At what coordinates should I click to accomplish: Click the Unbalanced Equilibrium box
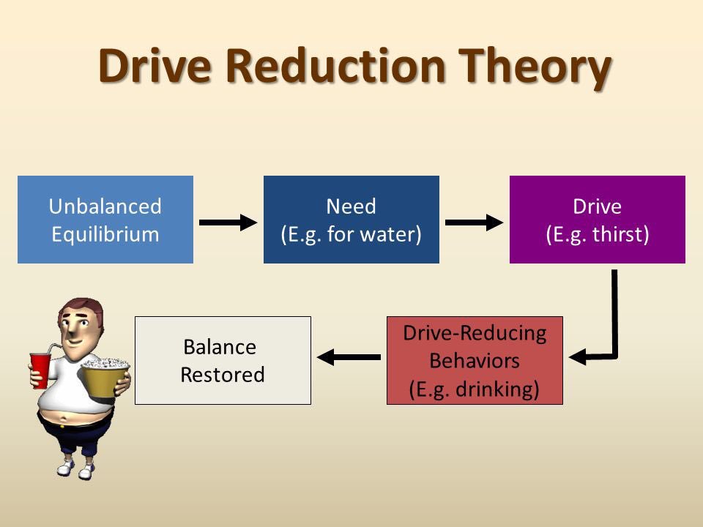(105, 220)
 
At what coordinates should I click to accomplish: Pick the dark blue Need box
(351, 220)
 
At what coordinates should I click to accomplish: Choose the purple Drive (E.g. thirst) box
(597, 220)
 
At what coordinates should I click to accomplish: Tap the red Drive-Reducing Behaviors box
(475, 360)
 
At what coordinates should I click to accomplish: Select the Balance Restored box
(223, 360)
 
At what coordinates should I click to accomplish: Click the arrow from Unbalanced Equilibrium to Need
(228, 222)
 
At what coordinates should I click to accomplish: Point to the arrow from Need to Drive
(474, 222)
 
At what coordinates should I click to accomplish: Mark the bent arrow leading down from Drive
(614, 322)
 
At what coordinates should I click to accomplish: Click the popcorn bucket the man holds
(105, 378)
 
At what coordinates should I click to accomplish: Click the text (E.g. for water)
(351, 235)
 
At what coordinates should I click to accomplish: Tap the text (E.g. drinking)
(475, 389)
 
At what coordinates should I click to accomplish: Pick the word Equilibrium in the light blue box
(105, 235)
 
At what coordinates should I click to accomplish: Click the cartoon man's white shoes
(73, 468)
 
